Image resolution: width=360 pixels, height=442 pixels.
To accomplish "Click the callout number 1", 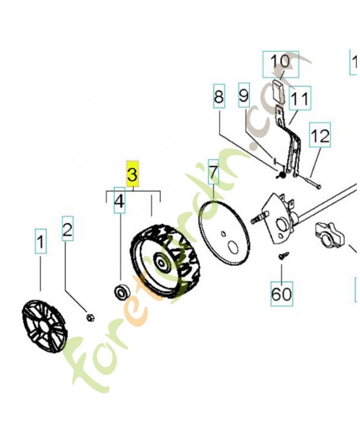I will pyautogui.click(x=40, y=241).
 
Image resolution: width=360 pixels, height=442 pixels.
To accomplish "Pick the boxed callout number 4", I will pyautogui.click(x=119, y=202).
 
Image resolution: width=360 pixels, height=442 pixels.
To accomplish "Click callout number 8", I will pyautogui.click(x=219, y=97).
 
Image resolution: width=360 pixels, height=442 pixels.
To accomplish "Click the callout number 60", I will pyautogui.click(x=281, y=293).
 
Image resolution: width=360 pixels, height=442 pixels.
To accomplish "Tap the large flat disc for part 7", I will pyautogui.click(x=226, y=231).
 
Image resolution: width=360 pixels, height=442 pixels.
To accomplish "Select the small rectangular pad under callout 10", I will pyautogui.click(x=279, y=90).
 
